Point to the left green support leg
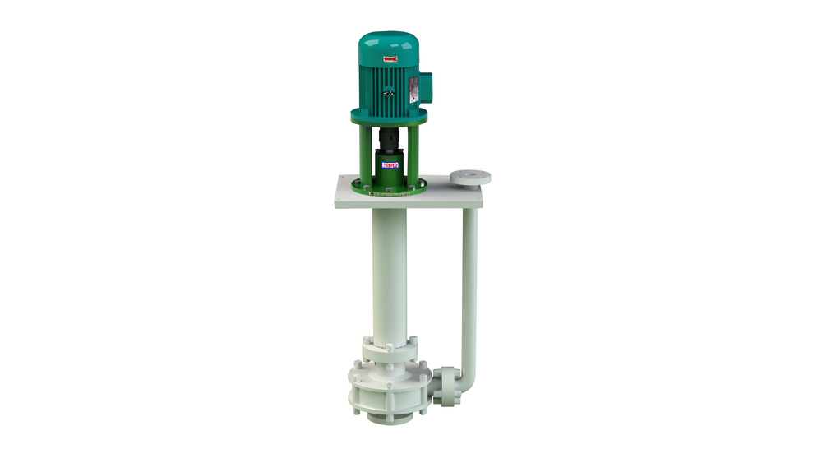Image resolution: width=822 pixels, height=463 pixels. [367, 156]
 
